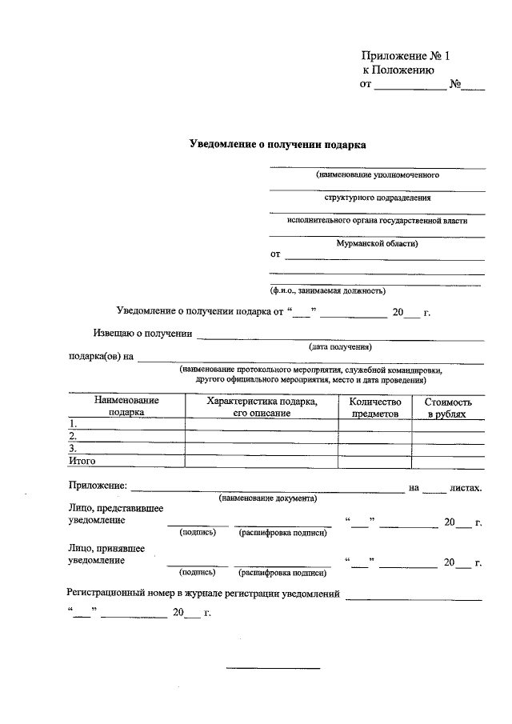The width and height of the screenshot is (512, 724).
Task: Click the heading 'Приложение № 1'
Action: coord(406,56)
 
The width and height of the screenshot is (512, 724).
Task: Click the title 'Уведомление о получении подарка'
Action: coord(278,146)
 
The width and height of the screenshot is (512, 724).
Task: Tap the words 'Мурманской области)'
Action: coord(377,243)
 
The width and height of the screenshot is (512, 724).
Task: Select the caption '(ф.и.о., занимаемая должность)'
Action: coord(327,290)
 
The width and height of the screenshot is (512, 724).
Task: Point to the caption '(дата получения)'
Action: coord(340,347)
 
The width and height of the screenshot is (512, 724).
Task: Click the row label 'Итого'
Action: coord(82,462)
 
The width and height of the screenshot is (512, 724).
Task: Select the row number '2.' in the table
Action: coord(73,436)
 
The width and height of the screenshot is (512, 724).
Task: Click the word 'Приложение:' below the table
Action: coord(97,486)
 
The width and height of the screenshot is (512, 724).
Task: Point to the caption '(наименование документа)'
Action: coord(268,498)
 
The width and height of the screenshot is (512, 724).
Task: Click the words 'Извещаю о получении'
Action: coord(142,334)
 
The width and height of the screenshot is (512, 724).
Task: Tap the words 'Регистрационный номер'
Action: coord(117,594)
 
